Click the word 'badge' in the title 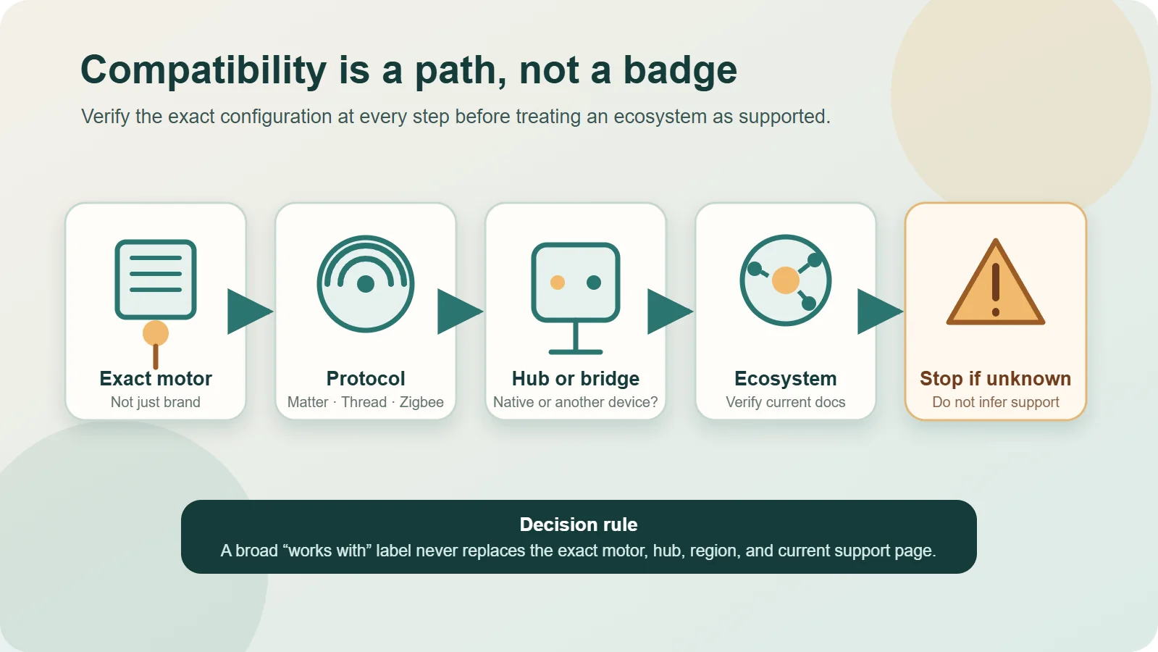point(680,70)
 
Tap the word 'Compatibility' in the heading point(204,70)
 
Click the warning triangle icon point(996,283)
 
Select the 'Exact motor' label point(156,378)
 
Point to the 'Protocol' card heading point(366,378)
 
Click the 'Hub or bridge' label point(576,378)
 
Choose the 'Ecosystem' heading point(785,378)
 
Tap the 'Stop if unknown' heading point(995,378)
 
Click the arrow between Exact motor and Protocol point(250,312)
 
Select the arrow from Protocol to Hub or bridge point(460,312)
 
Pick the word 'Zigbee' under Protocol point(421,402)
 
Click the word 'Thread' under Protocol point(364,402)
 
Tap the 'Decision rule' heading point(579,524)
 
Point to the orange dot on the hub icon point(558,283)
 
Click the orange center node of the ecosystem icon point(785,281)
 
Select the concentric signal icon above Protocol point(366,284)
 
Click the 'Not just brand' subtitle point(156,402)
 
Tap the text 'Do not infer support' point(996,402)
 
